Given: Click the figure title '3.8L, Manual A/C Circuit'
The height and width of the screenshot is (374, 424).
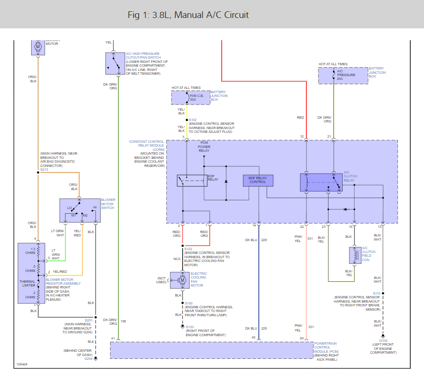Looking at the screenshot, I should [x=188, y=15].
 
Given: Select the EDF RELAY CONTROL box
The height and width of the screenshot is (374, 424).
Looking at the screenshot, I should [x=258, y=180].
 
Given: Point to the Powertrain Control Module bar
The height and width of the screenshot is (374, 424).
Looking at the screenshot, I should [x=210, y=350].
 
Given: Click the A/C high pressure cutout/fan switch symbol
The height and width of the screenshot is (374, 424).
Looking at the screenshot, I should [x=114, y=63].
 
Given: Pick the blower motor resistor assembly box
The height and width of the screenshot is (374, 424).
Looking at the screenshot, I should [x=31, y=273].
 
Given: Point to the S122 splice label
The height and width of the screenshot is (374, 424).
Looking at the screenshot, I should [x=188, y=249].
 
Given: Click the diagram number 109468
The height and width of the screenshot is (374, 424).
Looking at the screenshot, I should [x=22, y=365].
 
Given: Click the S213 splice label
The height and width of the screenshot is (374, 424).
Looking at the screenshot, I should [x=44, y=169].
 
